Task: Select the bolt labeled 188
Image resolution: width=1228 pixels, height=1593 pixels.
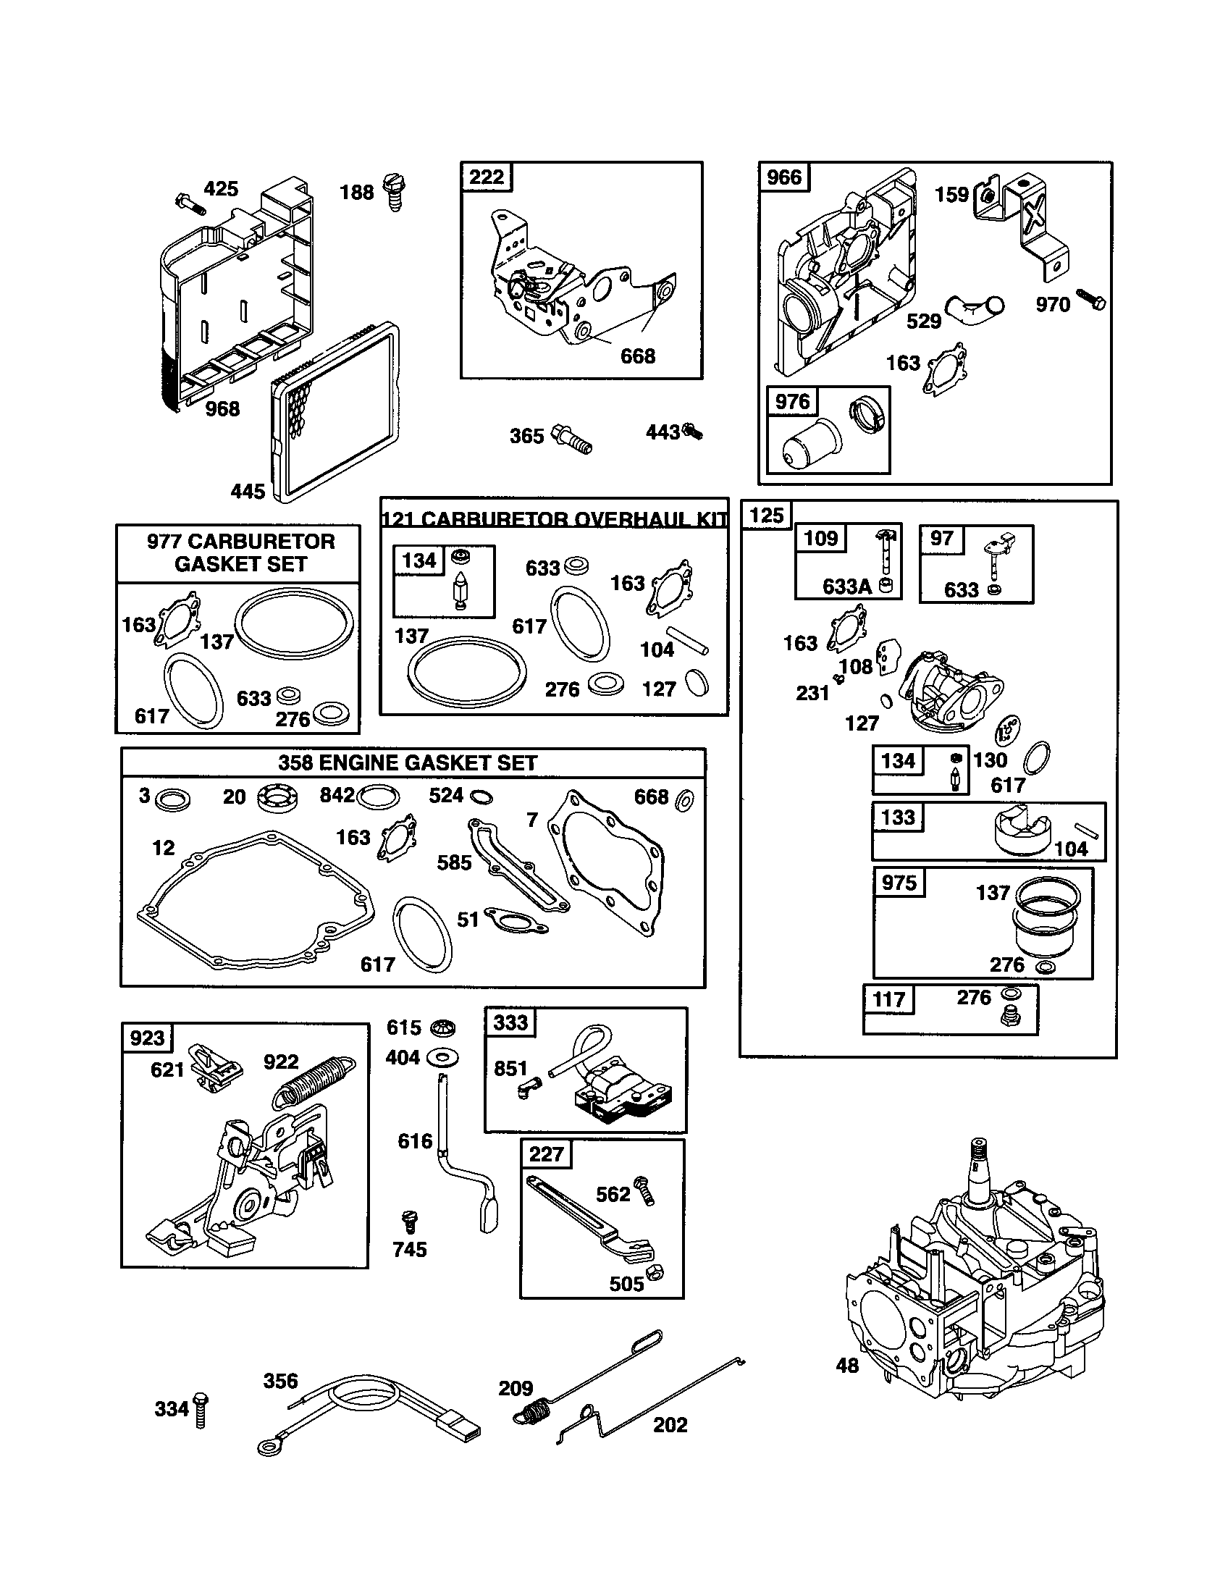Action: [x=394, y=193]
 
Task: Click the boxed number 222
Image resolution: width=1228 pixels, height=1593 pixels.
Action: [x=487, y=177]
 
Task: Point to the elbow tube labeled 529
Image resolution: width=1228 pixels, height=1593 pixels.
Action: [x=974, y=311]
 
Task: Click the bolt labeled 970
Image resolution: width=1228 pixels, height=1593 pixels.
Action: [x=1091, y=300]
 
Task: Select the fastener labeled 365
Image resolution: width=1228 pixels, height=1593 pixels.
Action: [x=573, y=437]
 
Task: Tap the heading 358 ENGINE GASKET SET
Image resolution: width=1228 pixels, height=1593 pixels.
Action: [x=408, y=763]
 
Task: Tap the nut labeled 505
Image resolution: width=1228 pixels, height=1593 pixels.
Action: [x=655, y=1272]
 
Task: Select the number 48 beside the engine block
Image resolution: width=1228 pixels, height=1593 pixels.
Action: [x=847, y=1366]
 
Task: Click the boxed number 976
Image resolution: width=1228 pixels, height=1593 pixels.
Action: [x=793, y=402]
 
